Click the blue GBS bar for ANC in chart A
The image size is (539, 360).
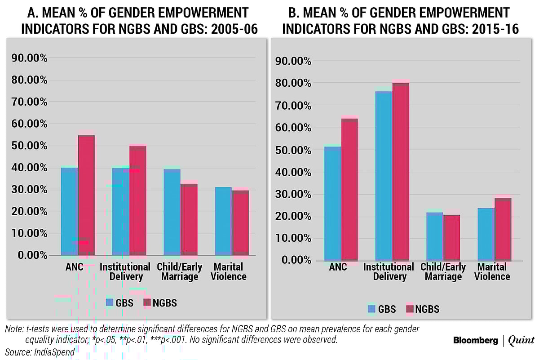coord(69,211)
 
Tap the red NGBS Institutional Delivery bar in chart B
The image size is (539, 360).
coord(401,171)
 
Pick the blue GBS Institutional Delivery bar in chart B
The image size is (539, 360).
coord(384,176)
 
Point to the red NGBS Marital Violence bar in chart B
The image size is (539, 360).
coord(503,229)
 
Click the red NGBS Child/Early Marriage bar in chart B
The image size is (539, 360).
coord(451,238)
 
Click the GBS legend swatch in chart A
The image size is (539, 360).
coord(110,302)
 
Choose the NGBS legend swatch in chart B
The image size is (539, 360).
coord(409,309)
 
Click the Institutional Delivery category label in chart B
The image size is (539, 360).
coord(389,271)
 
